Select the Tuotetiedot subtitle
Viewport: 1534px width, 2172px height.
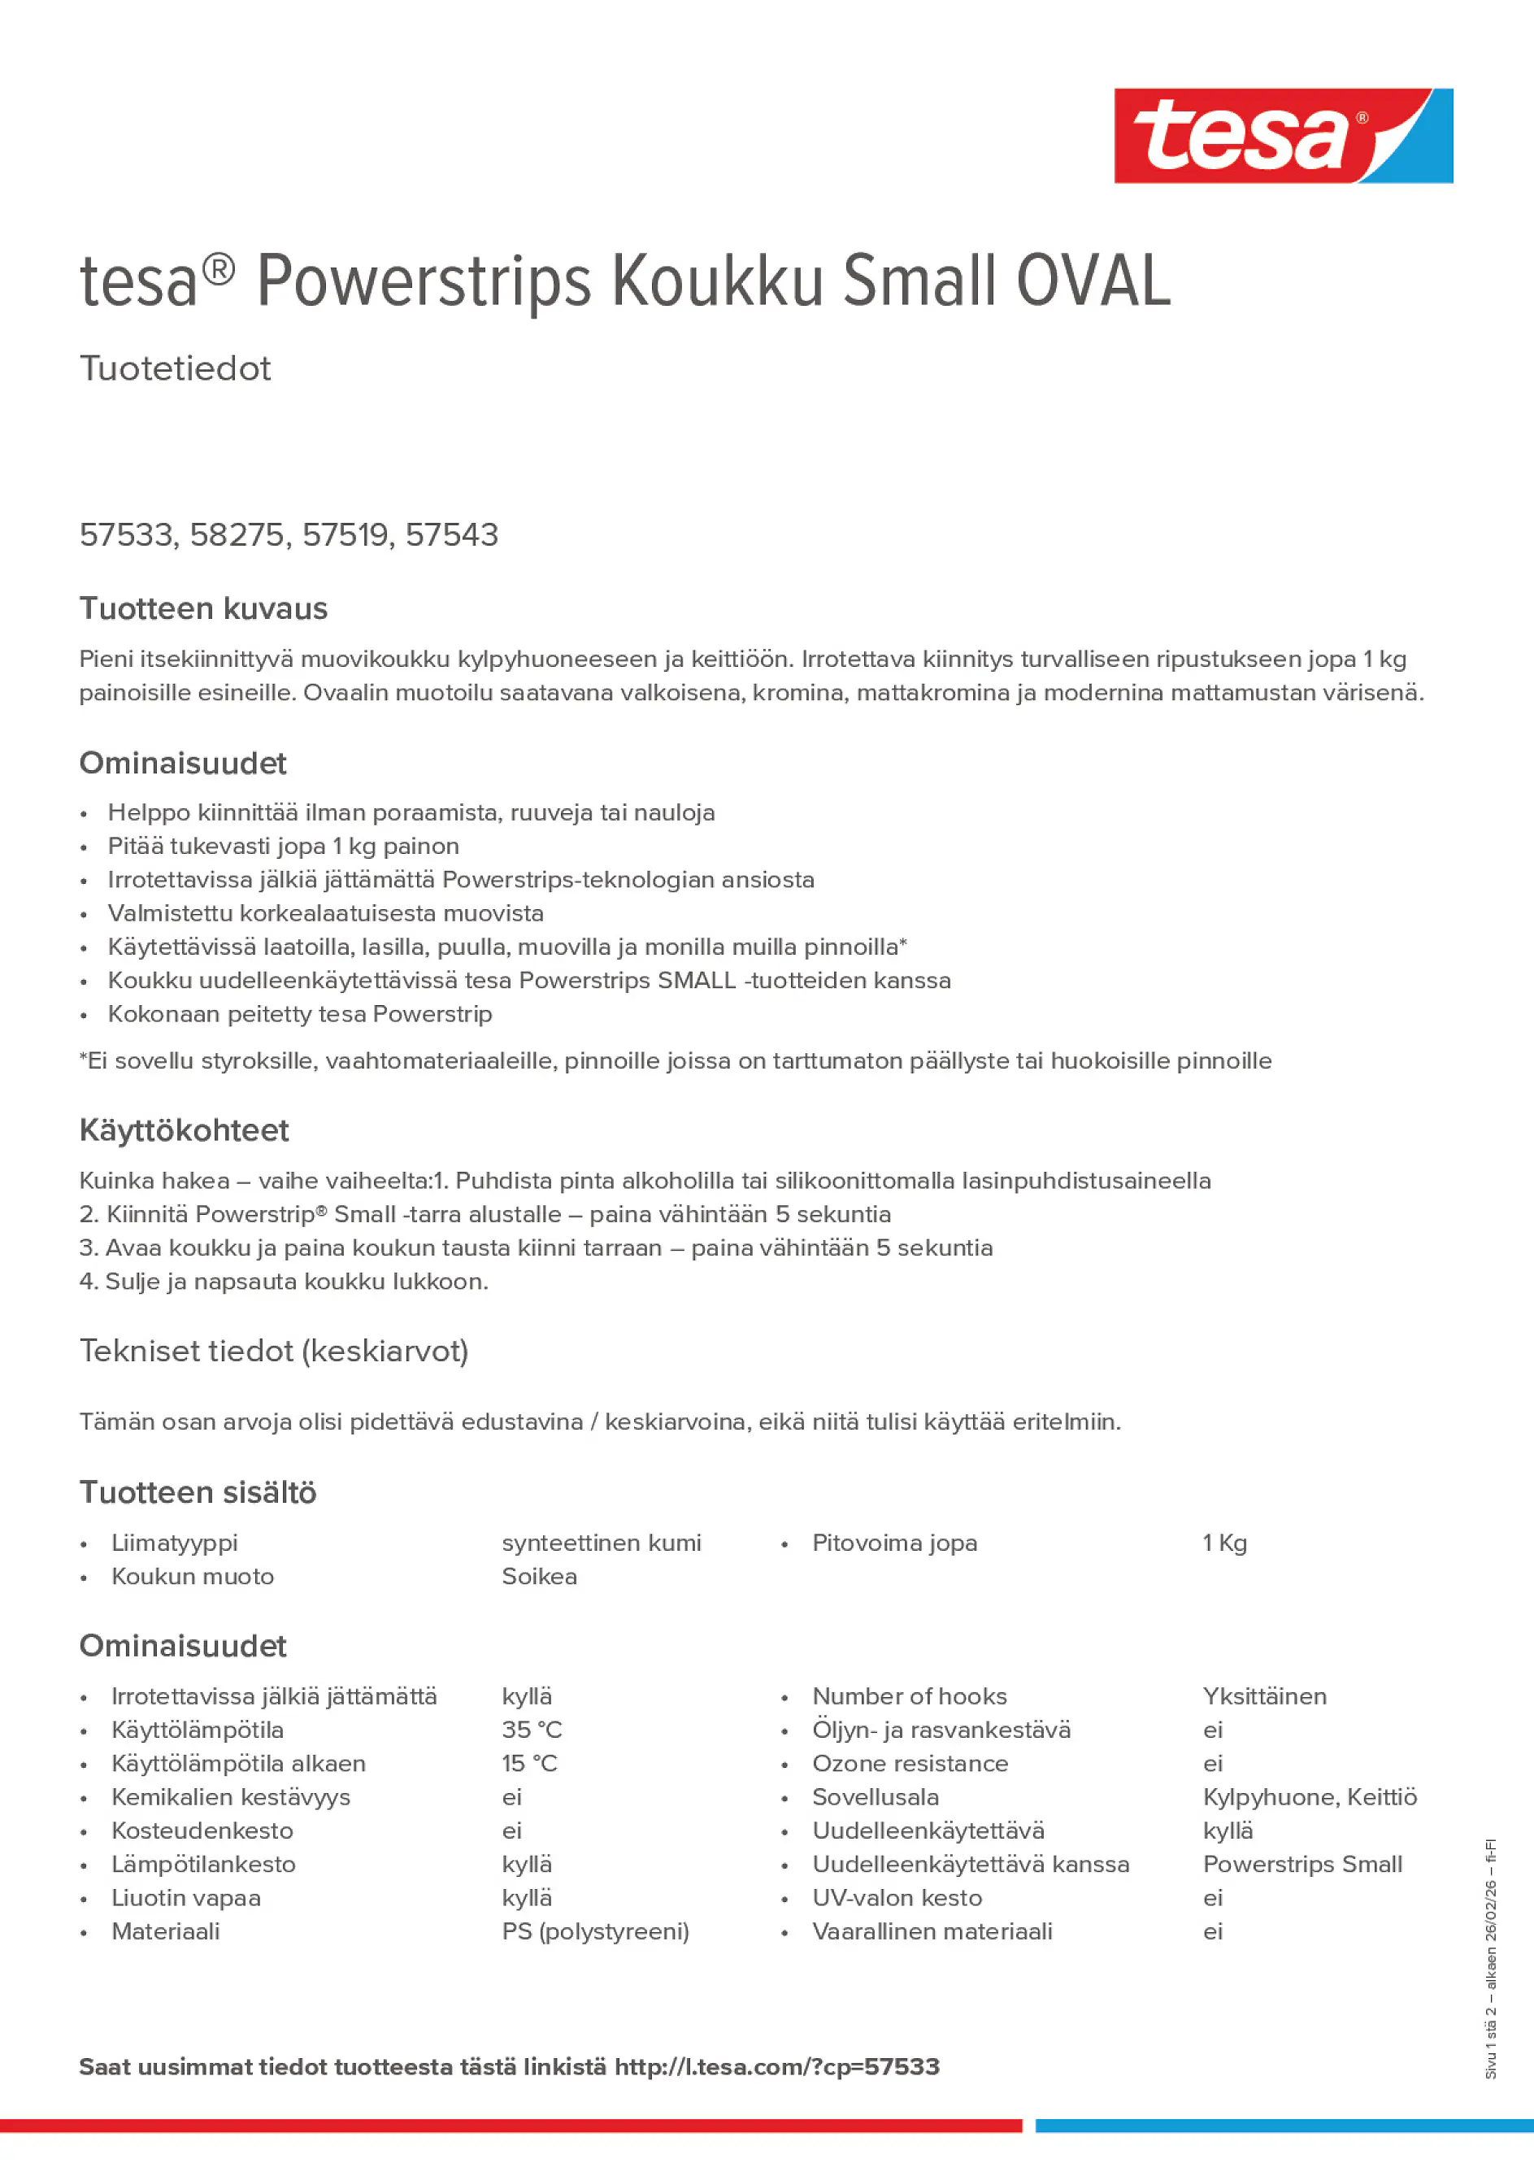point(175,368)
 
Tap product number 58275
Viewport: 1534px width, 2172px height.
point(237,535)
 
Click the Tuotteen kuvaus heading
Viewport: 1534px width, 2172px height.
point(203,608)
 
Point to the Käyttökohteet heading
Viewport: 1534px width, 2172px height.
point(184,1130)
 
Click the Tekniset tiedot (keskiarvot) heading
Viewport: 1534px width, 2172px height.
point(273,1351)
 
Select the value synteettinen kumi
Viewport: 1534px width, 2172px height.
point(602,1543)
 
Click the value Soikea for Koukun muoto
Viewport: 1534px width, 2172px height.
point(539,1577)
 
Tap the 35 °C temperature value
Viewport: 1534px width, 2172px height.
point(532,1730)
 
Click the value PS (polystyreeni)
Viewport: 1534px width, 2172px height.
point(595,1932)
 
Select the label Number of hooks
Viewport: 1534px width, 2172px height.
point(909,1696)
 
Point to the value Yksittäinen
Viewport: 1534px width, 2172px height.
point(1263,1696)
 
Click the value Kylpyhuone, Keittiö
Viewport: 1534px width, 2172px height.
point(1309,1797)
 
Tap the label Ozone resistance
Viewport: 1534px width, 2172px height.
point(910,1763)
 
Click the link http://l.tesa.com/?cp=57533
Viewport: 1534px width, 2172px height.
point(776,2067)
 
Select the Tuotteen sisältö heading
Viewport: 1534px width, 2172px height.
point(198,1493)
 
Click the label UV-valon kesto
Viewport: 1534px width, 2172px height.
point(897,1898)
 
